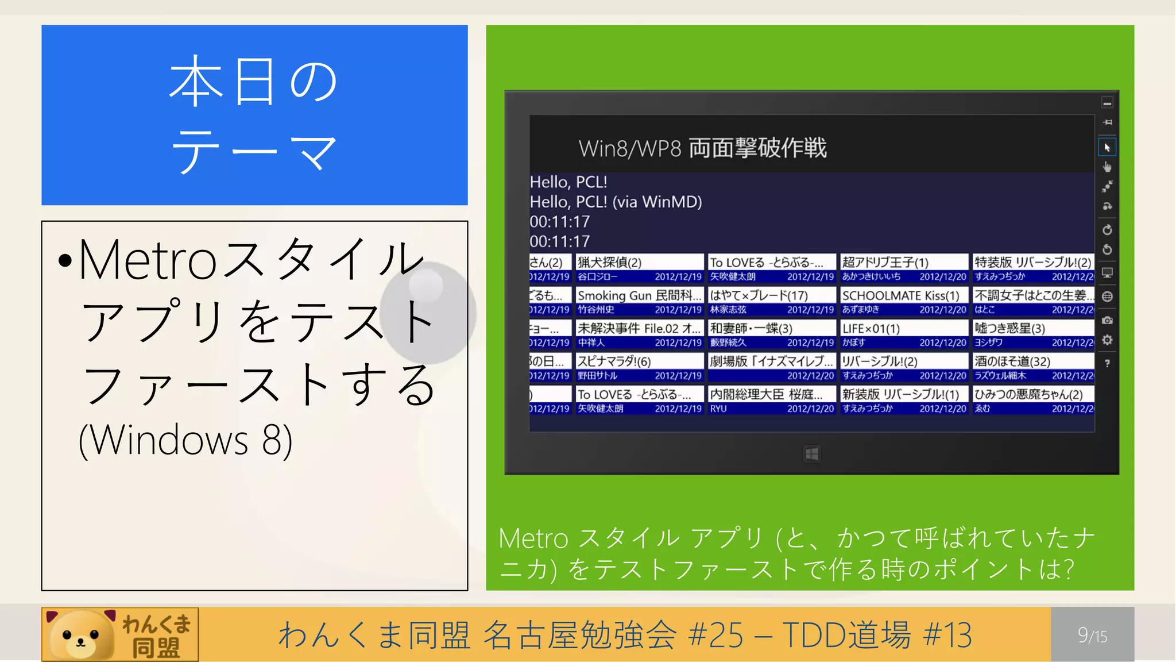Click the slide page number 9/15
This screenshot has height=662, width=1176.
click(1092, 635)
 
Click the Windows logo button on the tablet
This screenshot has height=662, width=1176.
click(812, 455)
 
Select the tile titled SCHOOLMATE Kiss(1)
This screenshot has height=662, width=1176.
click(904, 302)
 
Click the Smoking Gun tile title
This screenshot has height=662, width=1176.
click(639, 295)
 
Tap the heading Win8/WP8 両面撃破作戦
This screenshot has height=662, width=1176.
click(702, 148)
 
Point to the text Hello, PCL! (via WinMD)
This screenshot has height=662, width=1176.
click(616, 202)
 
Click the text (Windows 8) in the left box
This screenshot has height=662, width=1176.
click(185, 440)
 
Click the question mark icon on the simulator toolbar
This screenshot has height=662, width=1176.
click(1107, 363)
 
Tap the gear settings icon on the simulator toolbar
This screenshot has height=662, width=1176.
click(1107, 340)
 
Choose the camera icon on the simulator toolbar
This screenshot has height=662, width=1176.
click(1107, 320)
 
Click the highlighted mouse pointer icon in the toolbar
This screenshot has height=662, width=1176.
click(1107, 148)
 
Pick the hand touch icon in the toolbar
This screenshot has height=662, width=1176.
click(1107, 167)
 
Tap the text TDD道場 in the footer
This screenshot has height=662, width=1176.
click(846, 635)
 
